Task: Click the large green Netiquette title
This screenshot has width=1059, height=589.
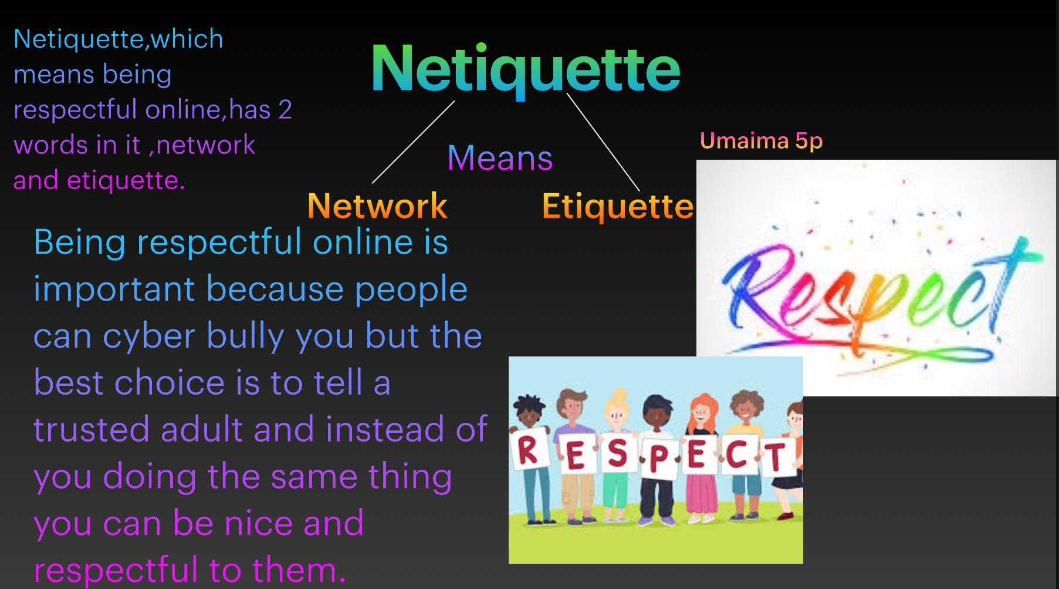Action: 526,69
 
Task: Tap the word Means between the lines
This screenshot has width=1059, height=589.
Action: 500,158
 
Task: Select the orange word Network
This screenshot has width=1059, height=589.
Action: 377,206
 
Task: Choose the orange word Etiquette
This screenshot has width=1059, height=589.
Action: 618,206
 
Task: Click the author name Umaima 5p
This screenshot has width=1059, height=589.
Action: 762,141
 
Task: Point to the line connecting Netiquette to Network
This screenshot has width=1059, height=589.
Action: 414,142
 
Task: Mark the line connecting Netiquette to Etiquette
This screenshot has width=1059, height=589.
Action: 603,142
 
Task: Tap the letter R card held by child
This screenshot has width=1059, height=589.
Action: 530,450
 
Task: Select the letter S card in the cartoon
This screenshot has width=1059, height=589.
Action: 617,453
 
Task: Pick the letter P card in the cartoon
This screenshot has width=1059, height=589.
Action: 659,458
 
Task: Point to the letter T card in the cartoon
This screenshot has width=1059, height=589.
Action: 778,457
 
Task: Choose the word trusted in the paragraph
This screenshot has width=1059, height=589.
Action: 91,429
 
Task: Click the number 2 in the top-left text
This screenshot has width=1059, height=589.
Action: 285,110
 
